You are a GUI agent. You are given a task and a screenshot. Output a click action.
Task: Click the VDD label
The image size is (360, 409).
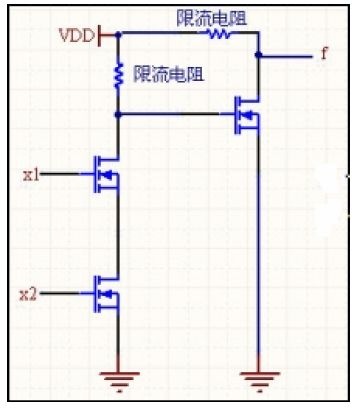(x=77, y=35)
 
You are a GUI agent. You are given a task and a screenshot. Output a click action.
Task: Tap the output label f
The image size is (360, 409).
(x=325, y=53)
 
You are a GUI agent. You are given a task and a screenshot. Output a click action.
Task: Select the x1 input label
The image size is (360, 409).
(x=31, y=174)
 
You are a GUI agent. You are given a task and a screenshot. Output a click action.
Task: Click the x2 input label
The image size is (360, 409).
(x=28, y=294)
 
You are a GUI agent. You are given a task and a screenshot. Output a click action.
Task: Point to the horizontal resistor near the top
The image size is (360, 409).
(x=219, y=33)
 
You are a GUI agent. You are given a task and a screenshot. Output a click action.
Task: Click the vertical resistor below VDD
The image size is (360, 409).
(x=118, y=76)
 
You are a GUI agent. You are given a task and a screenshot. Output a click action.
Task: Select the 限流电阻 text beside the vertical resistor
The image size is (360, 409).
(x=168, y=73)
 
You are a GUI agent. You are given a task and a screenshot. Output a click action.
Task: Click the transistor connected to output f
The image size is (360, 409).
(x=247, y=115)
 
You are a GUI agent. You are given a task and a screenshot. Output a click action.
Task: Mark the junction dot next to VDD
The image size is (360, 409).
(x=118, y=34)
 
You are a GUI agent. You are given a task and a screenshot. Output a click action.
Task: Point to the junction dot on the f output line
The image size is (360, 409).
(x=258, y=55)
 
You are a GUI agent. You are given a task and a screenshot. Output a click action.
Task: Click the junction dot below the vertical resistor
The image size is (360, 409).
(x=118, y=115)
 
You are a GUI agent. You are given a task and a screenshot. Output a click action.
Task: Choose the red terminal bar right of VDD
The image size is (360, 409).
(x=100, y=35)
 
